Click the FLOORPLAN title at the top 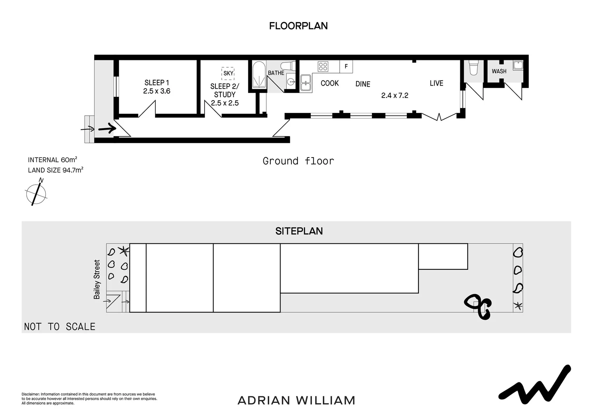click(298, 26)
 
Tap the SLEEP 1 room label click(157, 82)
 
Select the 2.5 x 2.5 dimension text click(225, 103)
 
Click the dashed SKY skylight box click(228, 73)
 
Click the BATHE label click(276, 73)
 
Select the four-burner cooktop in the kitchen click(323, 67)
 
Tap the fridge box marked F click(346, 67)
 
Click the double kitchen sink click(306, 83)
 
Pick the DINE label click(363, 84)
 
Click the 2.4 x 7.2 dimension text click(394, 95)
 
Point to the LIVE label click(436, 83)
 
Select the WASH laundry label click(499, 71)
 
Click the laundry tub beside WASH click(518, 65)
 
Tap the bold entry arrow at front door click(107, 128)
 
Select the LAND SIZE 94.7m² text click(55, 170)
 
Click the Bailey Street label click(97, 279)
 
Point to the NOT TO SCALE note click(60, 327)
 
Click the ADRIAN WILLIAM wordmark click(296, 400)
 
